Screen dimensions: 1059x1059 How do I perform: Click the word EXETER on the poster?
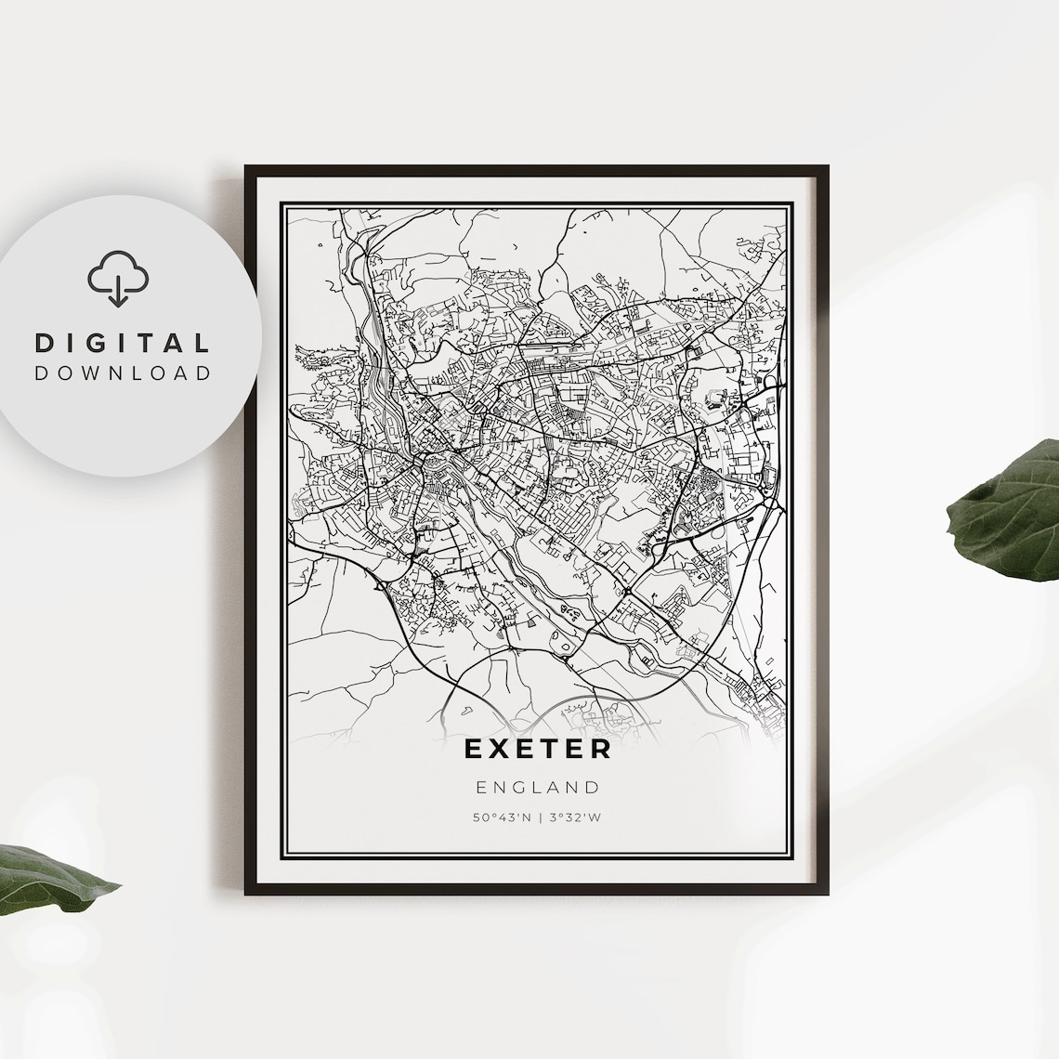tap(537, 749)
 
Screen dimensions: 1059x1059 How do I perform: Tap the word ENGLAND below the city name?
tap(538, 788)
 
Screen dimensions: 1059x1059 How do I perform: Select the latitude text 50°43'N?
tap(503, 818)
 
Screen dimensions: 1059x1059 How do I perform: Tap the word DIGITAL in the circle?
tap(123, 343)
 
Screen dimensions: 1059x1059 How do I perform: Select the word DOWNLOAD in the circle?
tap(123, 373)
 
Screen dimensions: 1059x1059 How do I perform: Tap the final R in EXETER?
tap(601, 749)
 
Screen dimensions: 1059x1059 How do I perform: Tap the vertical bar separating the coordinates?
tap(538, 818)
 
